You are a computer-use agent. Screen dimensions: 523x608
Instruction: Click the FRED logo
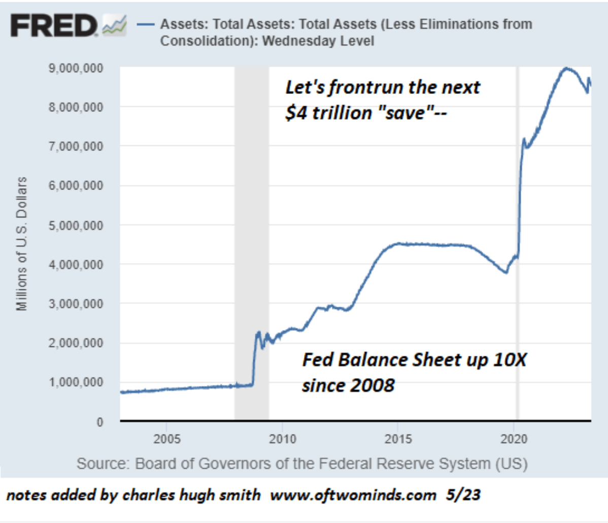pos(53,25)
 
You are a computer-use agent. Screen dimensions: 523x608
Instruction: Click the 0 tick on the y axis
pos(99,422)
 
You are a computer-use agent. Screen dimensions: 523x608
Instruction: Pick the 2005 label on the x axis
pos(166,439)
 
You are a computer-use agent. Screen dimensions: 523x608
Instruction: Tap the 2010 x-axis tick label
pos(283,439)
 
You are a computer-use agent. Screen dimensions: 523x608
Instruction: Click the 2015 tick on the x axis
pos(398,439)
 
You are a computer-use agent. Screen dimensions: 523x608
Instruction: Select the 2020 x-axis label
pos(514,439)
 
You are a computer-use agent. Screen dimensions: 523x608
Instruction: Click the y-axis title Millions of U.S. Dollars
pos(21,244)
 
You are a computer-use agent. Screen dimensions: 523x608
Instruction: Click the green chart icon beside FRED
pos(114,25)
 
